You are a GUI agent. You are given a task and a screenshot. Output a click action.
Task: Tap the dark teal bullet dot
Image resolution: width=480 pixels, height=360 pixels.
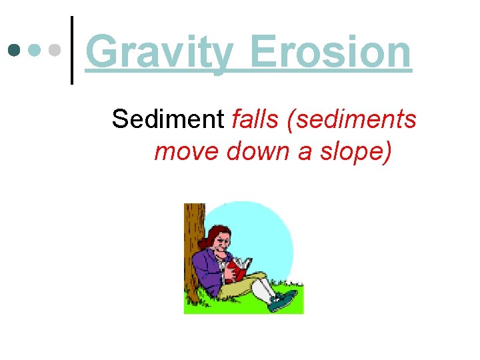[14, 50]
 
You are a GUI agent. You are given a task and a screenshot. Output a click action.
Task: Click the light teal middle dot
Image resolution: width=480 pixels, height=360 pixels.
[35, 50]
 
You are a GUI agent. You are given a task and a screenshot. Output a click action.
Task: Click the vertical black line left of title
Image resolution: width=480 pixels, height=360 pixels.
[72, 50]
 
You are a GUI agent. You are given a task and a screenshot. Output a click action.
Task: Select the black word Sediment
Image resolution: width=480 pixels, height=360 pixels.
[168, 119]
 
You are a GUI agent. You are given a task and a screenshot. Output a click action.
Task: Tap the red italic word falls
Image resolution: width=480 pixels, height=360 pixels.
[249, 119]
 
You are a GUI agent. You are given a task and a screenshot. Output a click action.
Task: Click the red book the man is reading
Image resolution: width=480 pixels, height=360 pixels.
[236, 269]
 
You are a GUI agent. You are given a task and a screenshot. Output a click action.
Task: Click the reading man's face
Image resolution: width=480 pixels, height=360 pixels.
[224, 239]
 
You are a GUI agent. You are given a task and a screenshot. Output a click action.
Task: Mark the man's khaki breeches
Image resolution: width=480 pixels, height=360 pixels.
[240, 289]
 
